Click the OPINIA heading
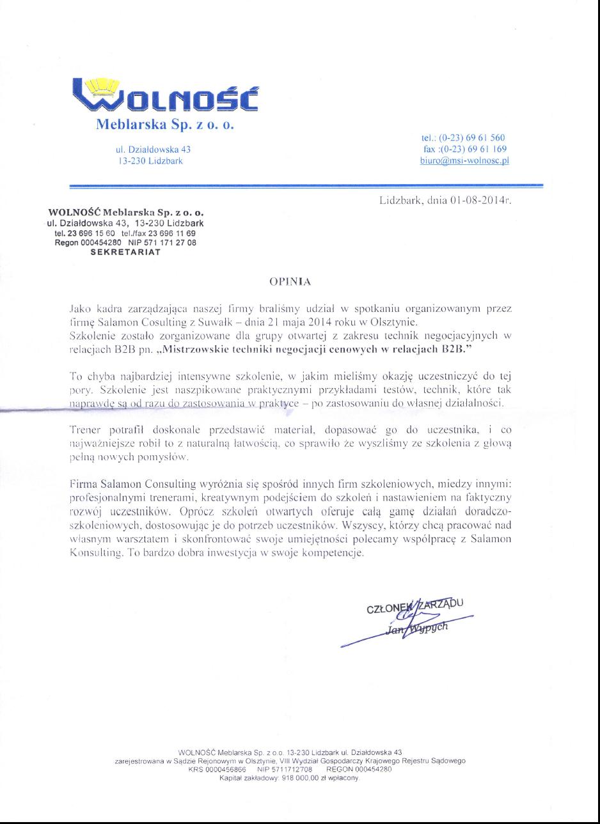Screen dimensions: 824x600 click(290, 280)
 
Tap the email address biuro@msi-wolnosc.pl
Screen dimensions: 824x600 click(464, 160)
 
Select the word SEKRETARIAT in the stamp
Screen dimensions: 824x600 click(125, 252)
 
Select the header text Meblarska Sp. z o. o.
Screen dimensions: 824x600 click(166, 124)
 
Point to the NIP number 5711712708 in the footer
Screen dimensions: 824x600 click(293, 770)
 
